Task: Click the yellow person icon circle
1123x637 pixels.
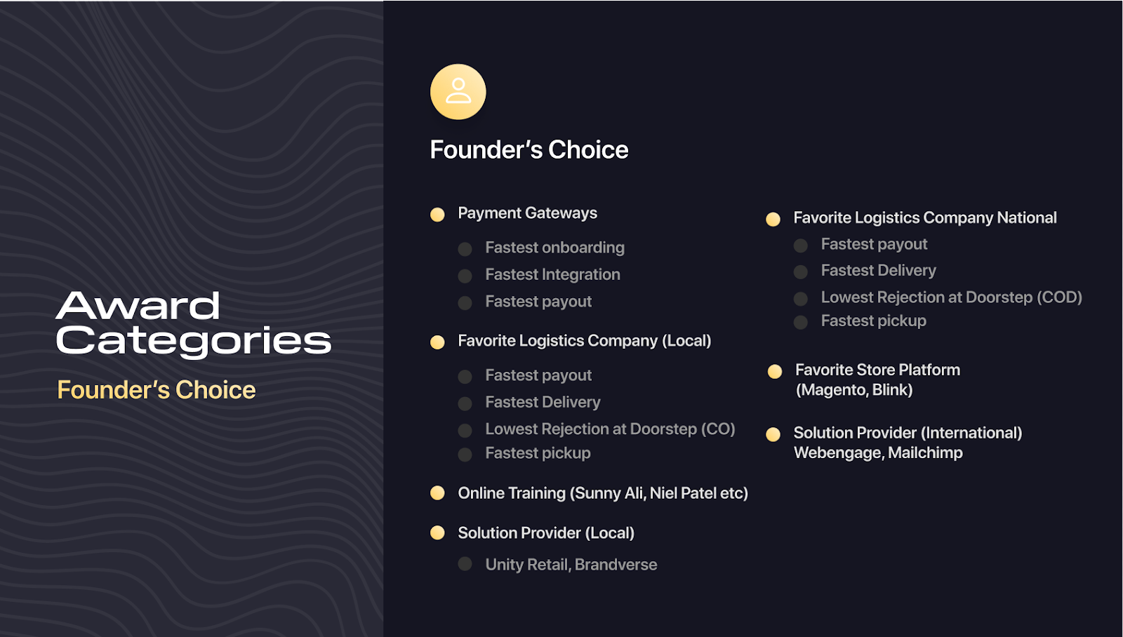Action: [x=458, y=92]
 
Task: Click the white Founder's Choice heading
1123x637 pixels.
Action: [x=529, y=149]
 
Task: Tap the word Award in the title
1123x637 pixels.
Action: [x=138, y=305]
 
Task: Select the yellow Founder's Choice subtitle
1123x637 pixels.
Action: [x=156, y=390]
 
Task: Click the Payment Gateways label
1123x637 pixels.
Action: [x=527, y=213]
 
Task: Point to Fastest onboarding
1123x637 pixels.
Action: [x=554, y=248]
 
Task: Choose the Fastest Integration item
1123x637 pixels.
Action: [x=552, y=274]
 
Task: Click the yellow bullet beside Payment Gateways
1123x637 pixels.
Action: [x=437, y=215]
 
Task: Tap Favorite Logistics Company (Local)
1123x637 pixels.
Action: [x=585, y=341]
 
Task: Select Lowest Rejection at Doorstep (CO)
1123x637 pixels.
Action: [x=610, y=429]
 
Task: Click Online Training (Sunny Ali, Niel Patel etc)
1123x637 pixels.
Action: [x=603, y=493]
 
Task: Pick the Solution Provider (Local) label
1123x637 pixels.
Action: [x=546, y=532]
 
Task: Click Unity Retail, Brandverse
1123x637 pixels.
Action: [x=571, y=565]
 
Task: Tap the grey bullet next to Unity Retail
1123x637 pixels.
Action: [x=465, y=564]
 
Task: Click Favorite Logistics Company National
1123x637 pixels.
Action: [x=925, y=217]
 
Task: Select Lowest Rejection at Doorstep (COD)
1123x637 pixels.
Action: [x=952, y=297]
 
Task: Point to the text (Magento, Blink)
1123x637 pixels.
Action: [x=854, y=390]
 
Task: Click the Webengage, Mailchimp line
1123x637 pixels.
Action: [x=878, y=453]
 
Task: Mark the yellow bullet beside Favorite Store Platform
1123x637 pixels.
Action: [x=775, y=371]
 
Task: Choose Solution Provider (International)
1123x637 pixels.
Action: [x=908, y=433]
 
